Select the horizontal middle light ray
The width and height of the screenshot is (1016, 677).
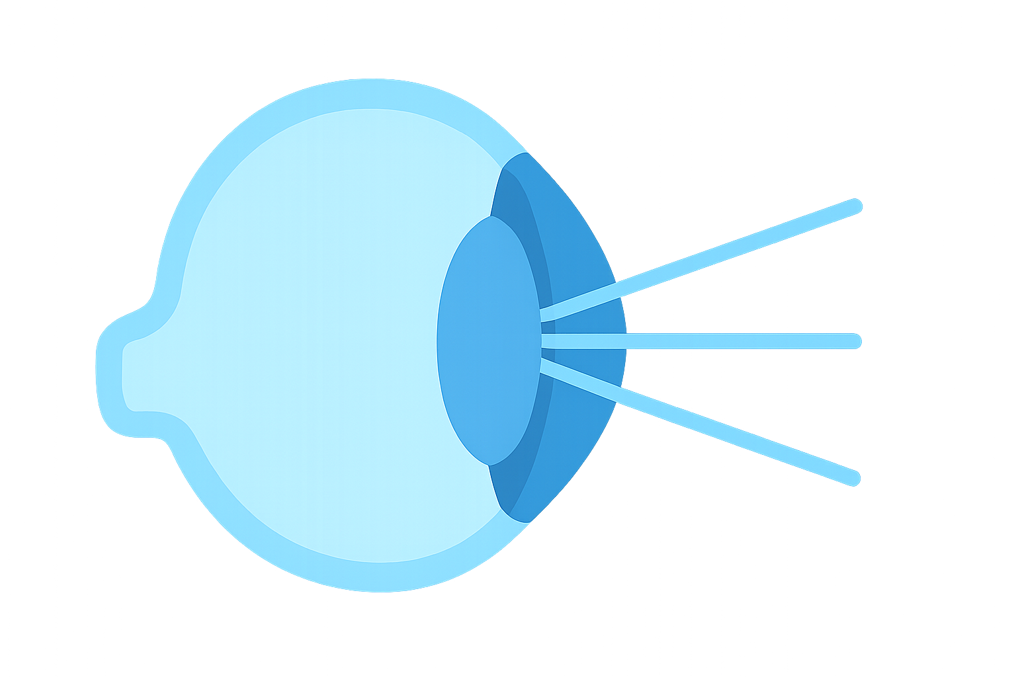(728, 341)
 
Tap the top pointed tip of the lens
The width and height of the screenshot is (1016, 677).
(491, 218)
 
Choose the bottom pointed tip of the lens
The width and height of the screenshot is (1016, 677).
(490, 463)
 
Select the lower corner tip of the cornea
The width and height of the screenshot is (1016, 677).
(525, 520)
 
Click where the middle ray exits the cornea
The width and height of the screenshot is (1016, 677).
(626, 341)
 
